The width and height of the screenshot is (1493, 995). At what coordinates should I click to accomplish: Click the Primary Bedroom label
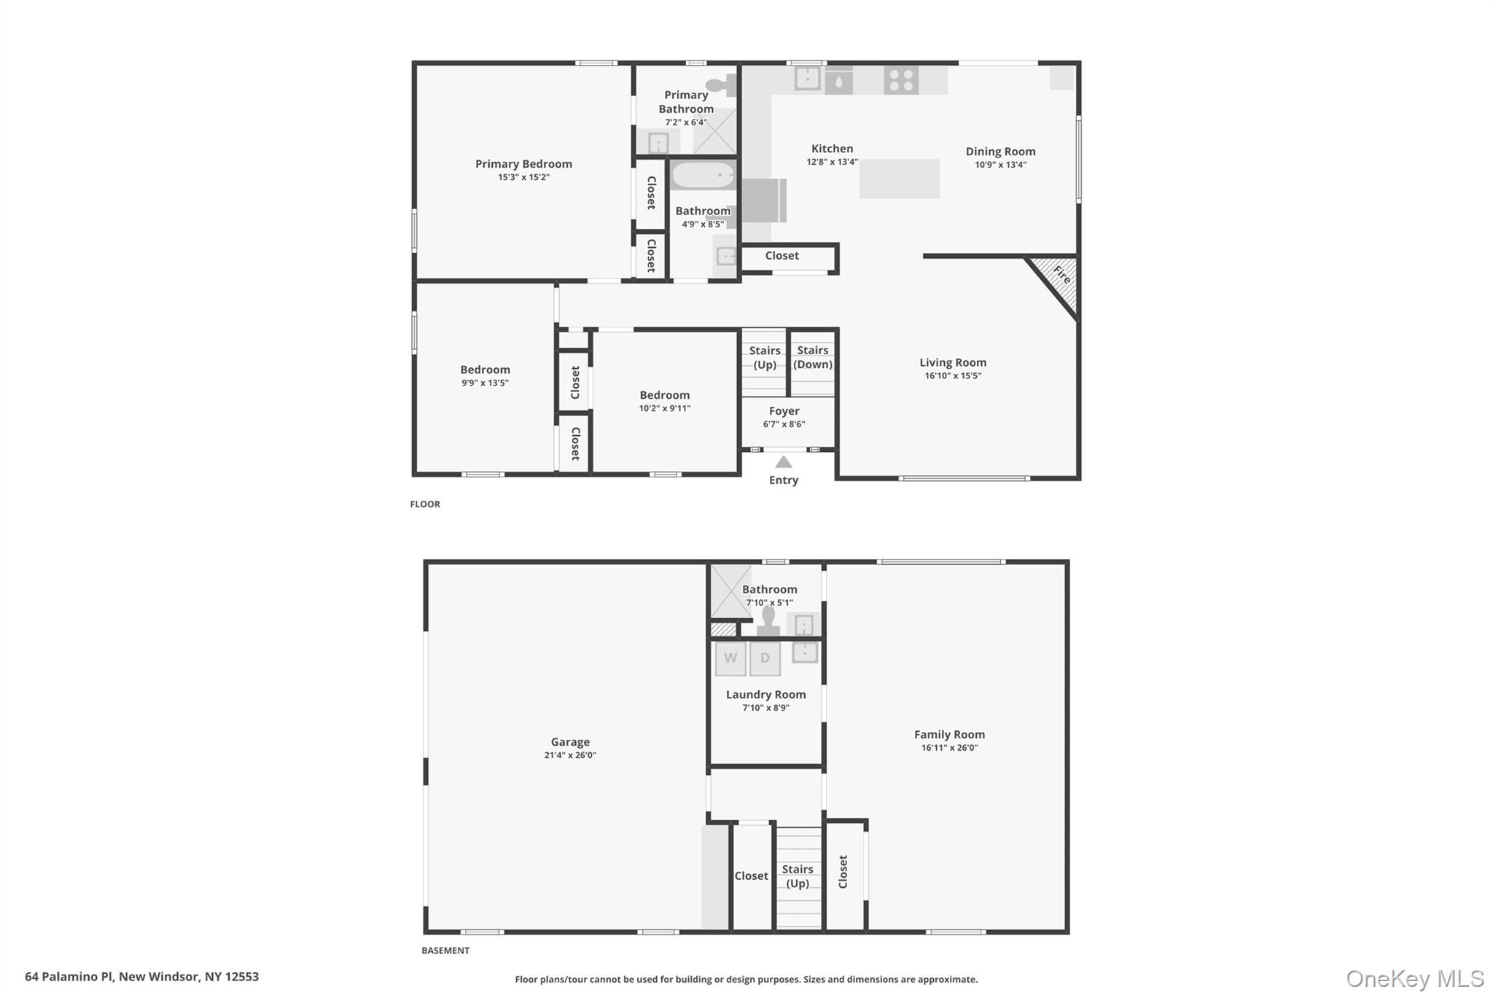tap(523, 164)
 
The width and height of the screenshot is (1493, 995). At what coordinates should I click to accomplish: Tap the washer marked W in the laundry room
tap(730, 658)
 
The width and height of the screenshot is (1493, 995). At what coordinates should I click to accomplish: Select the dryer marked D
tap(765, 658)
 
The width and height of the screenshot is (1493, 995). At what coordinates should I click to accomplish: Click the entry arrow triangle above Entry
tap(784, 462)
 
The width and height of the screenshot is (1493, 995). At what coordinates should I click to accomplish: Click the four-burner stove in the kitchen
tap(901, 80)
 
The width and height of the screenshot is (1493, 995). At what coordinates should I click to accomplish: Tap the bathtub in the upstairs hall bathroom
tap(703, 176)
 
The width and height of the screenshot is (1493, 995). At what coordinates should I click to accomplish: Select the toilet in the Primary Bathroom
tap(720, 85)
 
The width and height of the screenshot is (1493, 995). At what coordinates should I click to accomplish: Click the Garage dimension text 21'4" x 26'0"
tap(570, 755)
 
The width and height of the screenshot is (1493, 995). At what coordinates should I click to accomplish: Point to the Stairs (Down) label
tap(812, 357)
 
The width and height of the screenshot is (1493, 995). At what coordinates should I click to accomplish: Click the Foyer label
tap(784, 411)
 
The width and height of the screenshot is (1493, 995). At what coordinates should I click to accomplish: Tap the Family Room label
tap(949, 735)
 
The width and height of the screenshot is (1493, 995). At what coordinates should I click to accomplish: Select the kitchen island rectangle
tap(899, 179)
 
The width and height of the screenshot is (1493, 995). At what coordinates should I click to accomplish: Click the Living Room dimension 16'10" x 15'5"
tap(953, 376)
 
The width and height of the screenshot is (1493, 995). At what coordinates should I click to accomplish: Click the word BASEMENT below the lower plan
tap(445, 951)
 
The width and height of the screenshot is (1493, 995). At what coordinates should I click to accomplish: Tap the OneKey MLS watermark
tap(1414, 978)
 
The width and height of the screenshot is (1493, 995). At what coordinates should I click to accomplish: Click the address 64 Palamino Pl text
tap(141, 977)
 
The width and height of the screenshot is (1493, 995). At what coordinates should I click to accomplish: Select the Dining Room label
tap(1000, 152)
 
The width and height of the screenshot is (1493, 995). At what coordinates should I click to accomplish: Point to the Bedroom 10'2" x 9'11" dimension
tap(665, 408)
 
